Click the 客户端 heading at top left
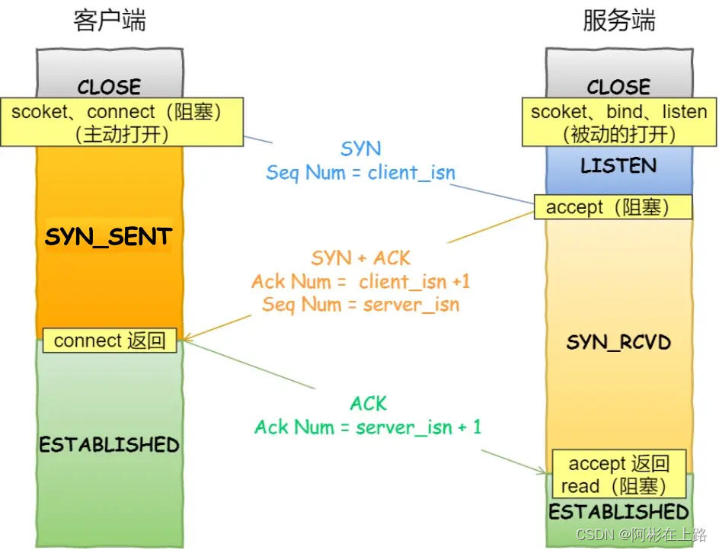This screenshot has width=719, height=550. click(110, 21)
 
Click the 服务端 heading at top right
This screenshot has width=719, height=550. click(618, 21)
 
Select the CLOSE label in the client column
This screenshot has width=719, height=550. click(109, 86)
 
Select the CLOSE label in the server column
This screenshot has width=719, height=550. click(618, 86)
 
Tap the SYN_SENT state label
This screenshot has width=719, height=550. click(108, 237)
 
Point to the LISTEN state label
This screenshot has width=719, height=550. click(618, 166)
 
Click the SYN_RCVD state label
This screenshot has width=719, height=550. click(618, 342)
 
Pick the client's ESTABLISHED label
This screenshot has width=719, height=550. click(109, 444)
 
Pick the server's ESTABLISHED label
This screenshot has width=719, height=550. click(618, 511)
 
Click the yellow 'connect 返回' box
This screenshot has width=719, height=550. click(110, 341)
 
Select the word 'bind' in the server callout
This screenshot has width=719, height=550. click(625, 112)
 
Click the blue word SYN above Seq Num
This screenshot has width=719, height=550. click(360, 149)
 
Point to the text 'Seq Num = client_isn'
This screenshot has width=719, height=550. click(360, 172)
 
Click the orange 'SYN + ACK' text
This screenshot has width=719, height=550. click(360, 258)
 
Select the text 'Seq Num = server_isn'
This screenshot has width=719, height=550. click(360, 305)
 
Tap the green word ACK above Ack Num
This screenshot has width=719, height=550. click(368, 403)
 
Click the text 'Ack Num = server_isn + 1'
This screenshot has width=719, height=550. click(368, 427)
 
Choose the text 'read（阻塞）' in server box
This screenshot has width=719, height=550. click(613, 486)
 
